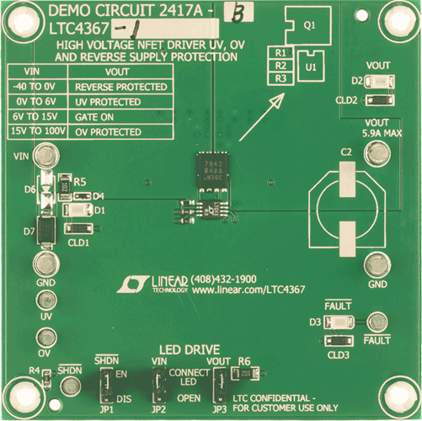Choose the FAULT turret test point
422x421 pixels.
tap(377, 322)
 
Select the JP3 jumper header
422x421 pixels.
tap(218, 386)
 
